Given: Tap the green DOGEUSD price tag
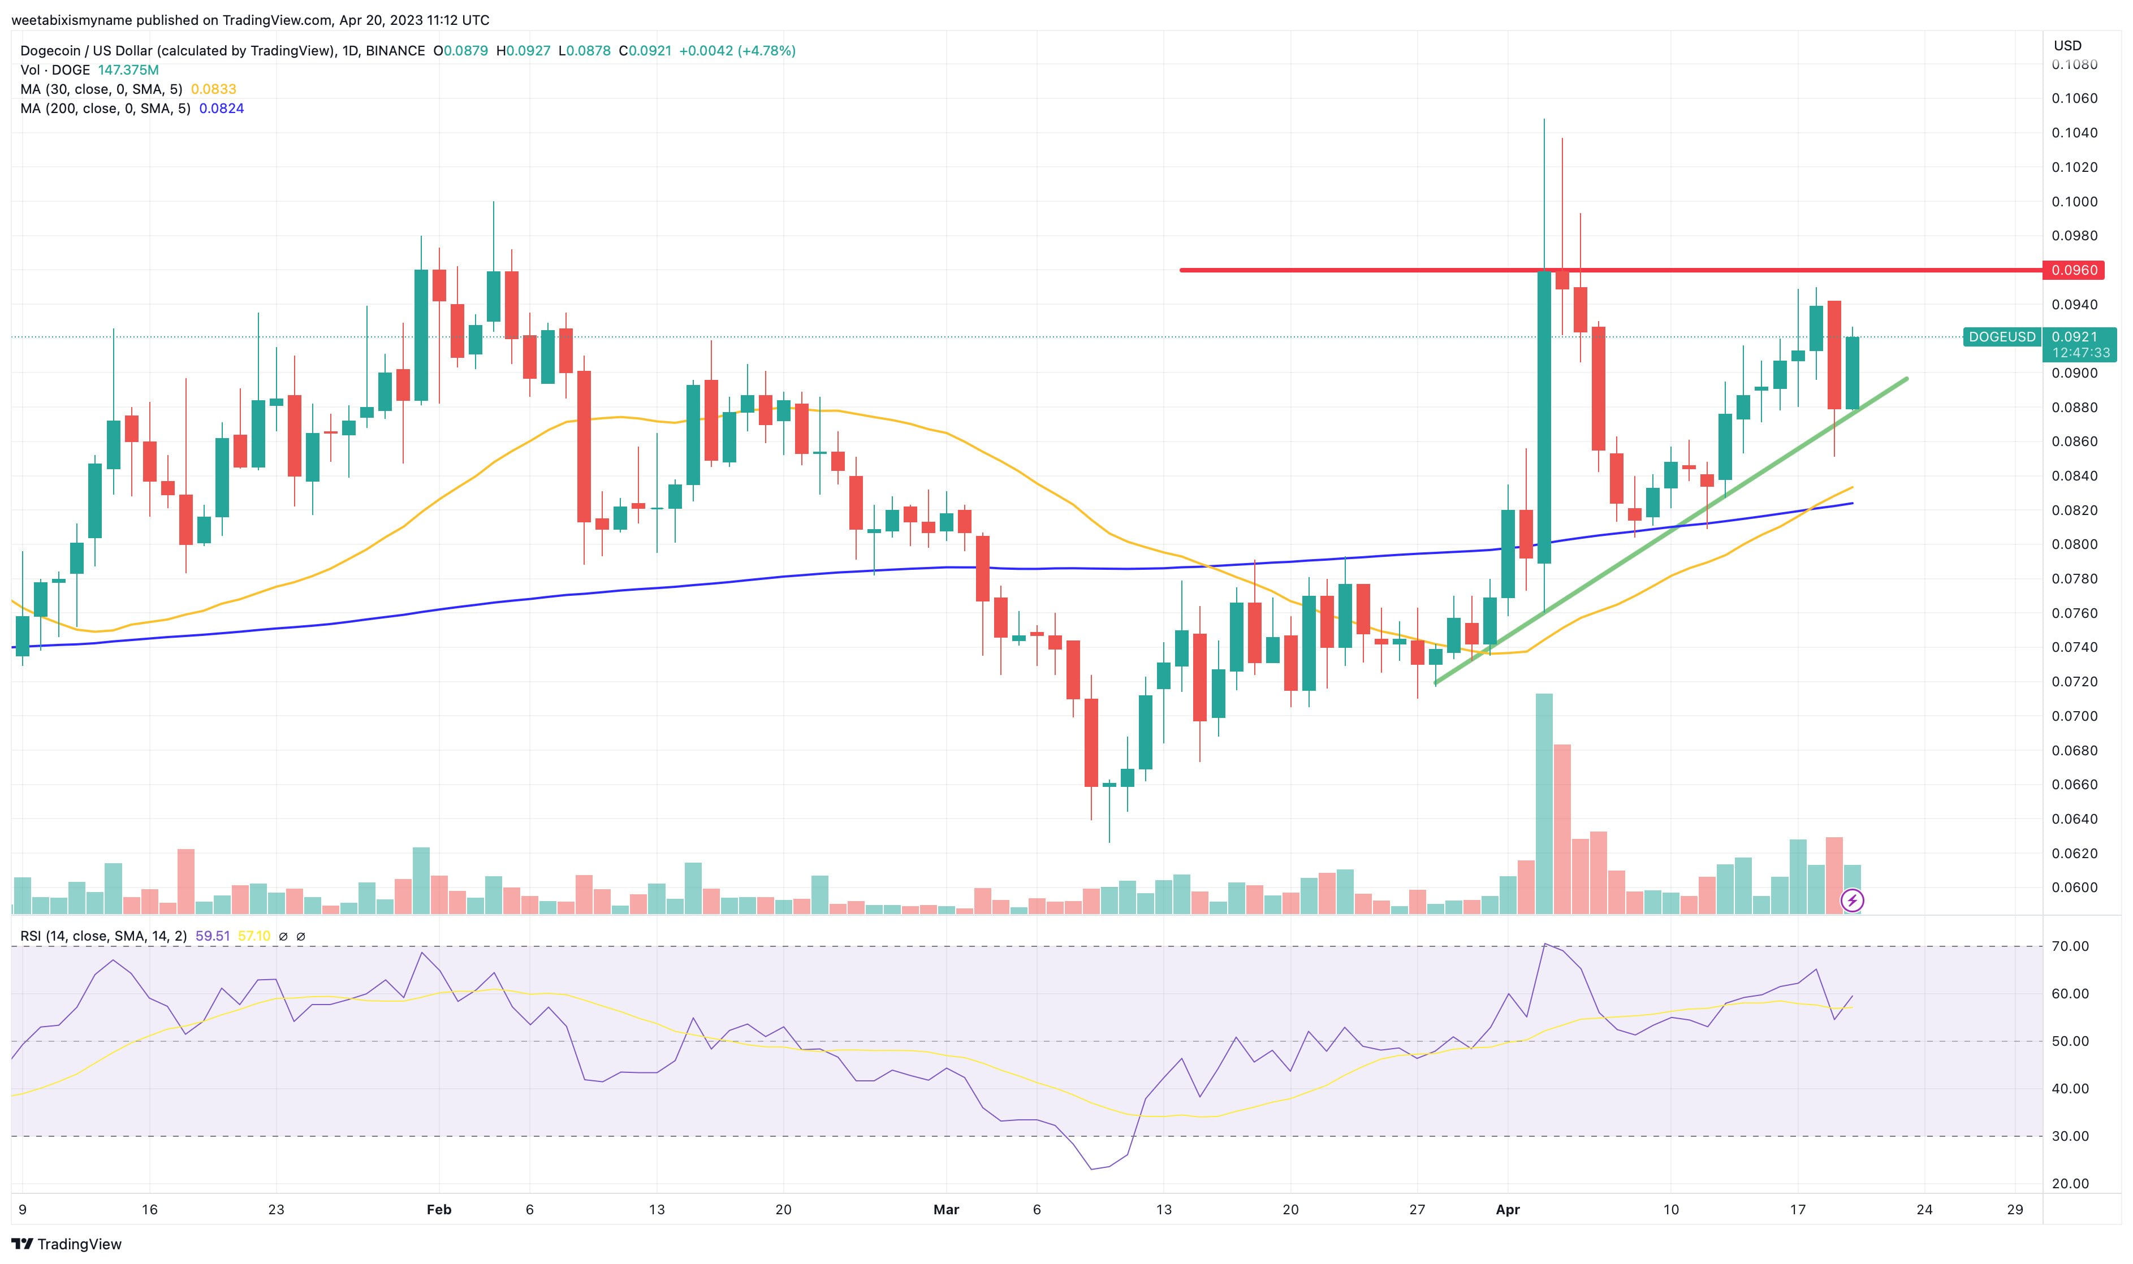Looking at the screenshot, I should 2001,337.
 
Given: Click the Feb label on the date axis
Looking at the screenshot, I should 439,1210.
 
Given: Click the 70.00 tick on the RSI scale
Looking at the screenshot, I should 2070,946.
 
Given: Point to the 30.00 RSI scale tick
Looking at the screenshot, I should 2070,1136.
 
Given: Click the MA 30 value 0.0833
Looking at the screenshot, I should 213,89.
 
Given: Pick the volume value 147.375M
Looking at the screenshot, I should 128,70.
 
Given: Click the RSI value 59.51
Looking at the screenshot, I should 212,936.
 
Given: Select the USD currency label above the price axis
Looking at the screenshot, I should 2067,46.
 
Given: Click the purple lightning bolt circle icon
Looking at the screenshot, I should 1852,901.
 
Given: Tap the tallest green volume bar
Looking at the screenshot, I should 1544,800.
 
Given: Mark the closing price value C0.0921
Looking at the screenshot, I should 645,51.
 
